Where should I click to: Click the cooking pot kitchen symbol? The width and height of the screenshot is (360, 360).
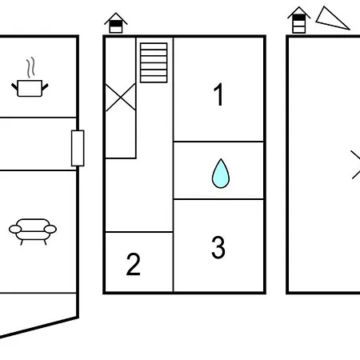point(30,88)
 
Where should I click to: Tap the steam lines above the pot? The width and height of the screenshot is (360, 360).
point(30,67)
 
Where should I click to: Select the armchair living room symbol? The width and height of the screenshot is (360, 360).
point(33,231)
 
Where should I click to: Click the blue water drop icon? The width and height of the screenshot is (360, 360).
point(221,174)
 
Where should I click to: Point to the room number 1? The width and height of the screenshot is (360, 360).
point(218,94)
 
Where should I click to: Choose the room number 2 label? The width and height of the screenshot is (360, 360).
point(133,264)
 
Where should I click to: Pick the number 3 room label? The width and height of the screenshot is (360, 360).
point(218,247)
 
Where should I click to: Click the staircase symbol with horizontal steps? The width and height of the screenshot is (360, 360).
point(154,62)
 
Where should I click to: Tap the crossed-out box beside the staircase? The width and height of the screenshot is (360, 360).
point(121,97)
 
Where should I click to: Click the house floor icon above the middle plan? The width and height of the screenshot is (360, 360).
point(116,23)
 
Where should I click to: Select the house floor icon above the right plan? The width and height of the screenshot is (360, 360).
point(299,20)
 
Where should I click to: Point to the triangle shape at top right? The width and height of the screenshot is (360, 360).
point(331,19)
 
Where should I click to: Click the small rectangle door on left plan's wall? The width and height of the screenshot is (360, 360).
point(78,148)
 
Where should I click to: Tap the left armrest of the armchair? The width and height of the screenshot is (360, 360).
point(15,229)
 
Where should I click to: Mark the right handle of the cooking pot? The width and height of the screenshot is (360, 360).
point(45,87)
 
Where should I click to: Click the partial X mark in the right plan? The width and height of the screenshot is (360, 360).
point(355,165)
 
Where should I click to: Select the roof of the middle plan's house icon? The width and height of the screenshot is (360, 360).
point(116,18)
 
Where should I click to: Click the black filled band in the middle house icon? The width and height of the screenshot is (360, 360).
point(116,23)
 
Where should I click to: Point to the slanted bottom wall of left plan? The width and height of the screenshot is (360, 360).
point(39,327)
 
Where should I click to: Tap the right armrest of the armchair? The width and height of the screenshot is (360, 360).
point(50,229)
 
